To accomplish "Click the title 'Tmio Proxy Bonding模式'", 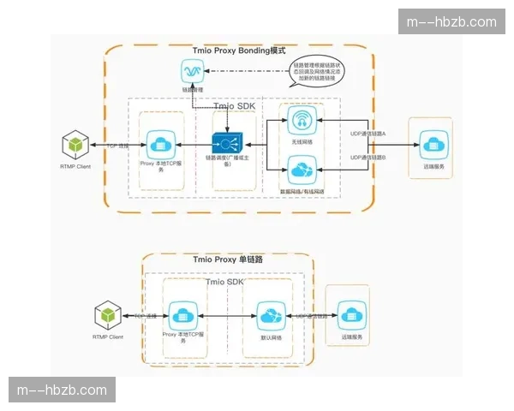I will coord(239,51).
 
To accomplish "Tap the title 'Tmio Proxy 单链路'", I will coord(227,259).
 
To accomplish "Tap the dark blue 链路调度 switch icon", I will coord(227,142).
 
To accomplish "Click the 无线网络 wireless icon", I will coord(301,120).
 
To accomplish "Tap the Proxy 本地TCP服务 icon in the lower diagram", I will coord(182,316).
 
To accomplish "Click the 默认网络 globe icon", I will coord(269,316).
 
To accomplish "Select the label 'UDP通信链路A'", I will coord(369,135).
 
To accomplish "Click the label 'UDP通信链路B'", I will coord(369,158).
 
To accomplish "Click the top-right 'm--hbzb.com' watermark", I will coord(451,21).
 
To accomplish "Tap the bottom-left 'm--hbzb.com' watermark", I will coord(62,390).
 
